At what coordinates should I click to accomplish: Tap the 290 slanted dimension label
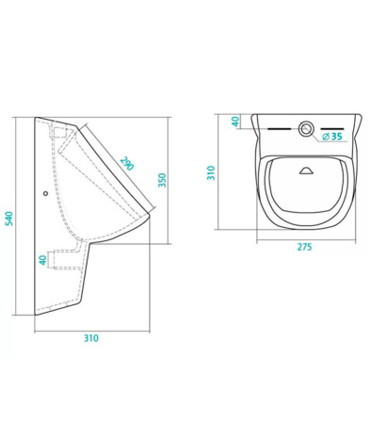tap(126, 163)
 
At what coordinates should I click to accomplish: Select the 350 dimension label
tap(161, 181)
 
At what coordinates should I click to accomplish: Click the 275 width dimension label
tap(304, 247)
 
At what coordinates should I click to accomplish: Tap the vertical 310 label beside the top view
tap(213, 171)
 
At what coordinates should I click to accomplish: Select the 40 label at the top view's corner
tap(234, 124)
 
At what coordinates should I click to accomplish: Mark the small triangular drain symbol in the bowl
tap(306, 171)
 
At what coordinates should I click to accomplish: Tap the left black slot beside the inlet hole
tap(280, 127)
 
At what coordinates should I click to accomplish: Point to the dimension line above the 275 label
tap(304, 237)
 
